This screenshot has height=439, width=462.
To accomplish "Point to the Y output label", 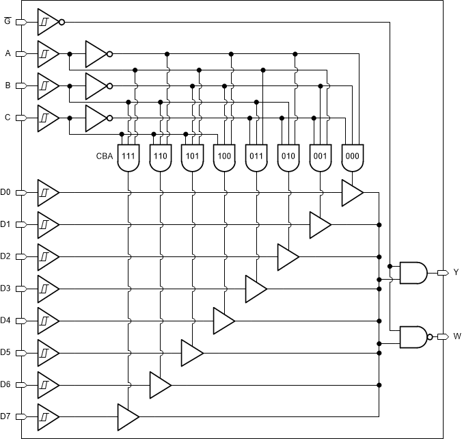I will point(457,272).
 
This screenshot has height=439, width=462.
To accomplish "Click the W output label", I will point(457,336).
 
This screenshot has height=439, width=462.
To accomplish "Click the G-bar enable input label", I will point(8,21).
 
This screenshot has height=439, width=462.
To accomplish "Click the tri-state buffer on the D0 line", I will point(351,193).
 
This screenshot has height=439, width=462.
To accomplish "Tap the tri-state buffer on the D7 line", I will point(127,416).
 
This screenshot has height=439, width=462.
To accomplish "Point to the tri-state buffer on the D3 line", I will point(255,289).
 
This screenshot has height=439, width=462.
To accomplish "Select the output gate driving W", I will point(414,336).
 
